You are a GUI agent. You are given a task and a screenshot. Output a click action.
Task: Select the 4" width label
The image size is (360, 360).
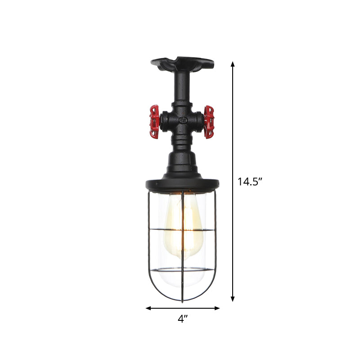pos(183,319)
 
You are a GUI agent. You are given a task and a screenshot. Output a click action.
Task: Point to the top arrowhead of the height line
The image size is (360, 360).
pos(233,64)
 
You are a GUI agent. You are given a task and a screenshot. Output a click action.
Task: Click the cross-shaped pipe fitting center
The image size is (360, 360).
pos(182,121)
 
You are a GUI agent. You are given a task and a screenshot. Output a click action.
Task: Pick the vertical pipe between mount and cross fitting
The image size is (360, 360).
pos(182,92)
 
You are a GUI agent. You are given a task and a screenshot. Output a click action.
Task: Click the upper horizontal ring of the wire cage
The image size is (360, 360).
pos(182,229)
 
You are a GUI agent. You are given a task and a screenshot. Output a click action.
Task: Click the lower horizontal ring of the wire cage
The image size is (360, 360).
pos(182,270)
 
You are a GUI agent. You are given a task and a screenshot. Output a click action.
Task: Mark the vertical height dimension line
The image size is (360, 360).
pos(233,135)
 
